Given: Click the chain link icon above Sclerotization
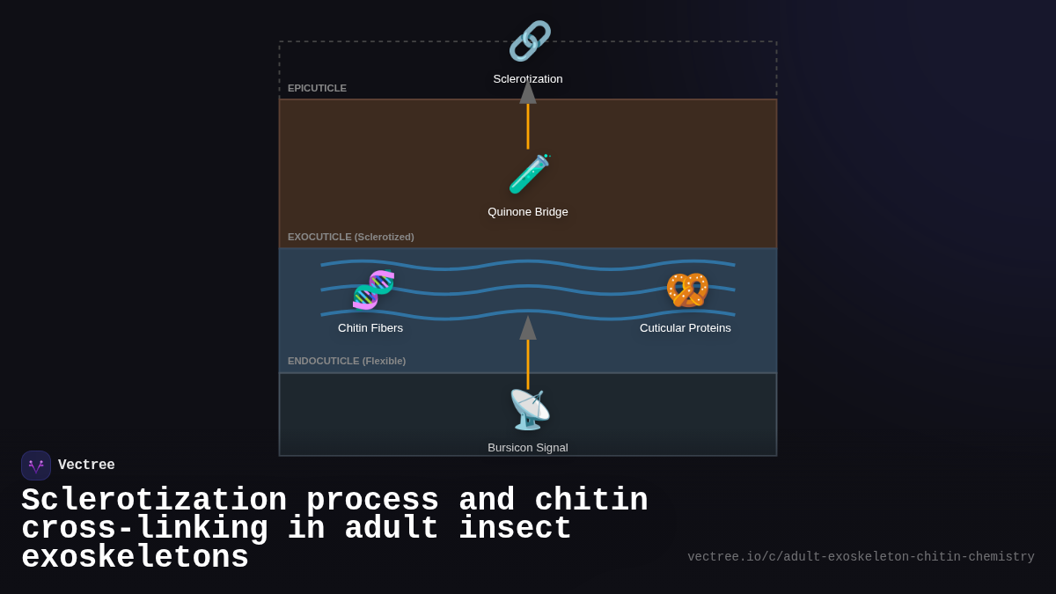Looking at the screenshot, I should click(x=529, y=40).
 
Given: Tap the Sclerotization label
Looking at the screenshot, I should click(x=528, y=79).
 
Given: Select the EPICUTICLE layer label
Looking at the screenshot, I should click(x=317, y=88).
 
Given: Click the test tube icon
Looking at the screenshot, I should click(x=529, y=174).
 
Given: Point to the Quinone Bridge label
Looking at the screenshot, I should click(x=528, y=212).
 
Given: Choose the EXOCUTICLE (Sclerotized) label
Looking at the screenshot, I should click(x=350, y=237).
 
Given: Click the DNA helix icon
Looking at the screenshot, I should click(x=373, y=290).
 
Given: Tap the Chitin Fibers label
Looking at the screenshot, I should click(x=370, y=328).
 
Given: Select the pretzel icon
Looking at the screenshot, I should click(x=687, y=290).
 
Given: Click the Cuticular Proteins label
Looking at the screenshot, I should click(x=686, y=328).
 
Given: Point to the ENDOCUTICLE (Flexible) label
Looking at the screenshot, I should click(x=347, y=361).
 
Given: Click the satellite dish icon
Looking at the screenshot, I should click(x=529, y=409).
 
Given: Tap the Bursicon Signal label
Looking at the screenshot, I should click(x=528, y=448).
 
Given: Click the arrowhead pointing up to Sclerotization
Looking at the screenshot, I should click(x=528, y=92).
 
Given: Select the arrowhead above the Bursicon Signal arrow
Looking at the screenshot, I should click(x=528, y=328).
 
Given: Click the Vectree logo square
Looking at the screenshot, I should click(x=36, y=466).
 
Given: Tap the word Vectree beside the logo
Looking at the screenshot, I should click(x=86, y=466).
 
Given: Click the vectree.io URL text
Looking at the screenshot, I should click(x=861, y=557).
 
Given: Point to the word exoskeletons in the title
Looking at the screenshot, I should click(x=135, y=558).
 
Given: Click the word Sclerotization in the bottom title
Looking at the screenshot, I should click(x=154, y=501).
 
